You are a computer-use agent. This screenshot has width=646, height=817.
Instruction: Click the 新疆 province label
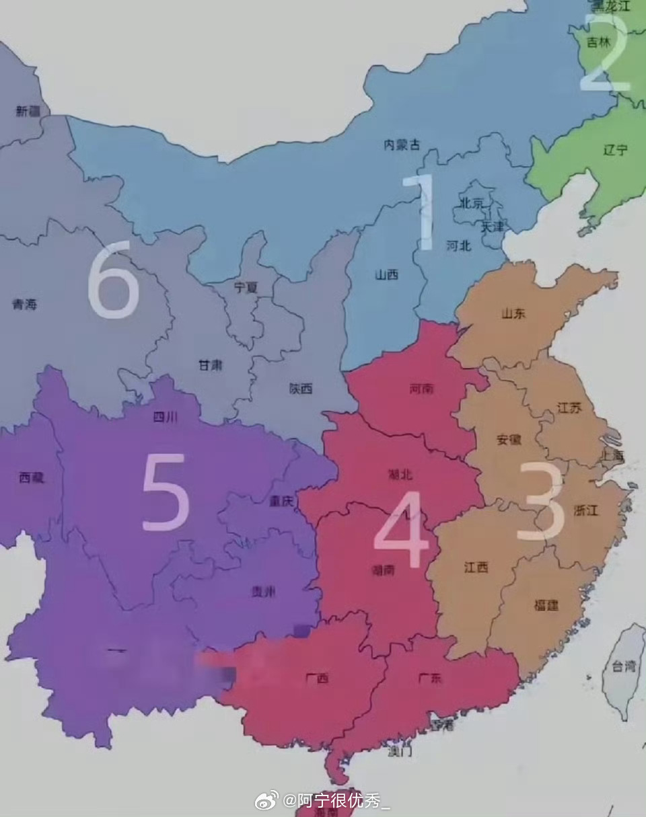point(28,112)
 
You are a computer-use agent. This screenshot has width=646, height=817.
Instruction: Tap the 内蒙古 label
point(402,145)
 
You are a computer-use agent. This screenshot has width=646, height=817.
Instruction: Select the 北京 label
point(471,203)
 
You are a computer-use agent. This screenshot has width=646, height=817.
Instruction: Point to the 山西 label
point(387,274)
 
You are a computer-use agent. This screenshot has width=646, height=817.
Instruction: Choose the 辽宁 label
point(615,150)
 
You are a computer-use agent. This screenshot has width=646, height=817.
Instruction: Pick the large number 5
point(165,492)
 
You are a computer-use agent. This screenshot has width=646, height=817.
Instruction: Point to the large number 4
point(402,530)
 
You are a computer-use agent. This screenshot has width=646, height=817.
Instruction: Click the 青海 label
point(25,305)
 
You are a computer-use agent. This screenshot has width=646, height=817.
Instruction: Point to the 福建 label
point(546,605)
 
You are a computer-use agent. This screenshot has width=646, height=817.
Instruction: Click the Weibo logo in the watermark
point(266,800)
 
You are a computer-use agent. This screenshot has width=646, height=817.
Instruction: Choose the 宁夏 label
point(246,288)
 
